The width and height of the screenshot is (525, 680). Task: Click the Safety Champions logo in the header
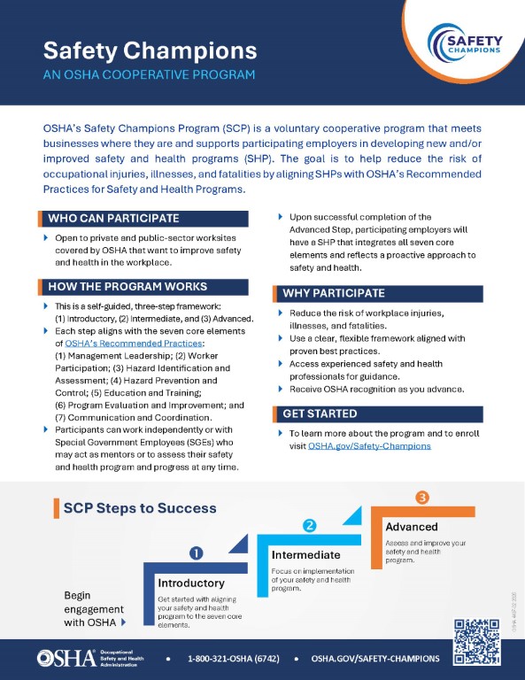[x=466, y=43]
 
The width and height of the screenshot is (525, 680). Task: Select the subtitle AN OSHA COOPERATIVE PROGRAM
[x=148, y=74]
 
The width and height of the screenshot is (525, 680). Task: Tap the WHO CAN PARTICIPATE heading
[x=113, y=218]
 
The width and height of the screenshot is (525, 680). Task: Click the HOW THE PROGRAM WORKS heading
[x=127, y=286]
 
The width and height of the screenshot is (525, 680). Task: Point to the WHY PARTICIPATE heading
[x=333, y=293]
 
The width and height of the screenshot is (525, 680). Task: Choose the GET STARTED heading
[x=320, y=413]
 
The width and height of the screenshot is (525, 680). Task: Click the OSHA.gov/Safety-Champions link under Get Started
[x=382, y=446]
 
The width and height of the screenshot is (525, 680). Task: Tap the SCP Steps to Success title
[x=140, y=507]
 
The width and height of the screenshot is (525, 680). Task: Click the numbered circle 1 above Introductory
[x=197, y=552]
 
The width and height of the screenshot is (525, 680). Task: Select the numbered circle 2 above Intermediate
[x=310, y=525]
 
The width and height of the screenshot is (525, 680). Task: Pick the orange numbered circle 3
[x=422, y=498]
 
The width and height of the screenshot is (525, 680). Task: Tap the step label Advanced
[x=412, y=527]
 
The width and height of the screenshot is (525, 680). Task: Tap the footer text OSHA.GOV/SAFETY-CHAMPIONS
[x=375, y=659]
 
